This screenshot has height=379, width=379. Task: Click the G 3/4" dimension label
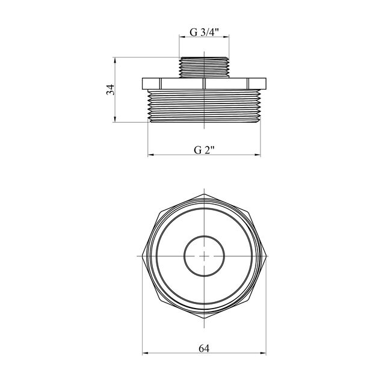[204, 32]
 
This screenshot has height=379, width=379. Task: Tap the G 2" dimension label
[205, 150]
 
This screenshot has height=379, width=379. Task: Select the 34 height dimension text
[111, 90]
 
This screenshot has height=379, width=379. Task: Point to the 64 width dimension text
[204, 348]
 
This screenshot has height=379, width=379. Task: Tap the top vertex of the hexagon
[205, 194]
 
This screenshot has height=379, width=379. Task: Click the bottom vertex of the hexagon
[205, 318]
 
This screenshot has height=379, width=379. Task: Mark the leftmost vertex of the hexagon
[143, 256]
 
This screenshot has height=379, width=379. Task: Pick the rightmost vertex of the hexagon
[266, 256]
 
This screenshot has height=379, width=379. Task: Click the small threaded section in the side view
[204, 67]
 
